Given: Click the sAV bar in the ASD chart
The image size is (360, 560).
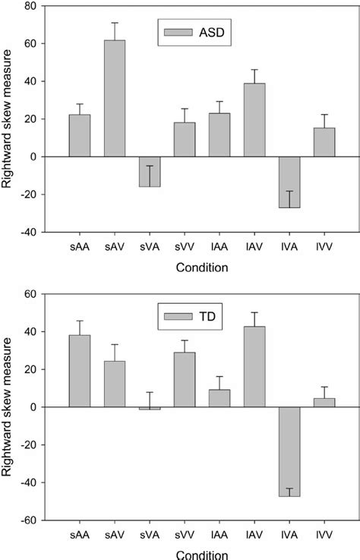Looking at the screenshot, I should coord(115,98).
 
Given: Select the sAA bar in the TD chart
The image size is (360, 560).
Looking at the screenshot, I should coord(80,371).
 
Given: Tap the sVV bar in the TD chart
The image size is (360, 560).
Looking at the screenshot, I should coord(185,379).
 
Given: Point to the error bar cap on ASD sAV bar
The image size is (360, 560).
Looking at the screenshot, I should coord(115,23).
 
